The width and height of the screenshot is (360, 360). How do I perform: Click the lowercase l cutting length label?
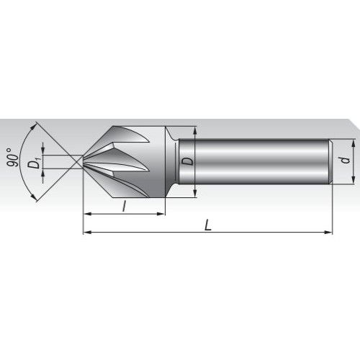125,206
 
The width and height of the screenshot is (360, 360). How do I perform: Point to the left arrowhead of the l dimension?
86,214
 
